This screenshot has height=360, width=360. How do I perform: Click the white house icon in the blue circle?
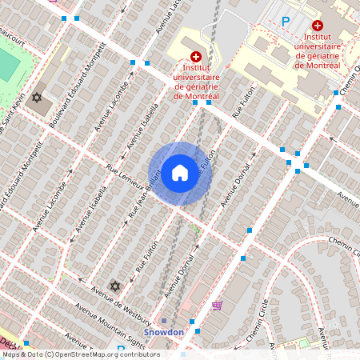pos(180,173)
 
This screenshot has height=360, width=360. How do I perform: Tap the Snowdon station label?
pos(164,332)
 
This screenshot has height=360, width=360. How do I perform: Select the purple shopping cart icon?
pos(217,306)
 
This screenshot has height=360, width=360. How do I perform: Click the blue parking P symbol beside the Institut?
pos(286,22)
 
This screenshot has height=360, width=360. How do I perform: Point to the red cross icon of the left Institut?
pos(196,57)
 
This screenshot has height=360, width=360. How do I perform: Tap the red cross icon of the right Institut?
pos(318,26)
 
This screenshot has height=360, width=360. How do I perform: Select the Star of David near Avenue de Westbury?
pos(114,286)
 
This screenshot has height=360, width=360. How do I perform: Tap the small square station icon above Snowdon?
pos(163,321)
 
